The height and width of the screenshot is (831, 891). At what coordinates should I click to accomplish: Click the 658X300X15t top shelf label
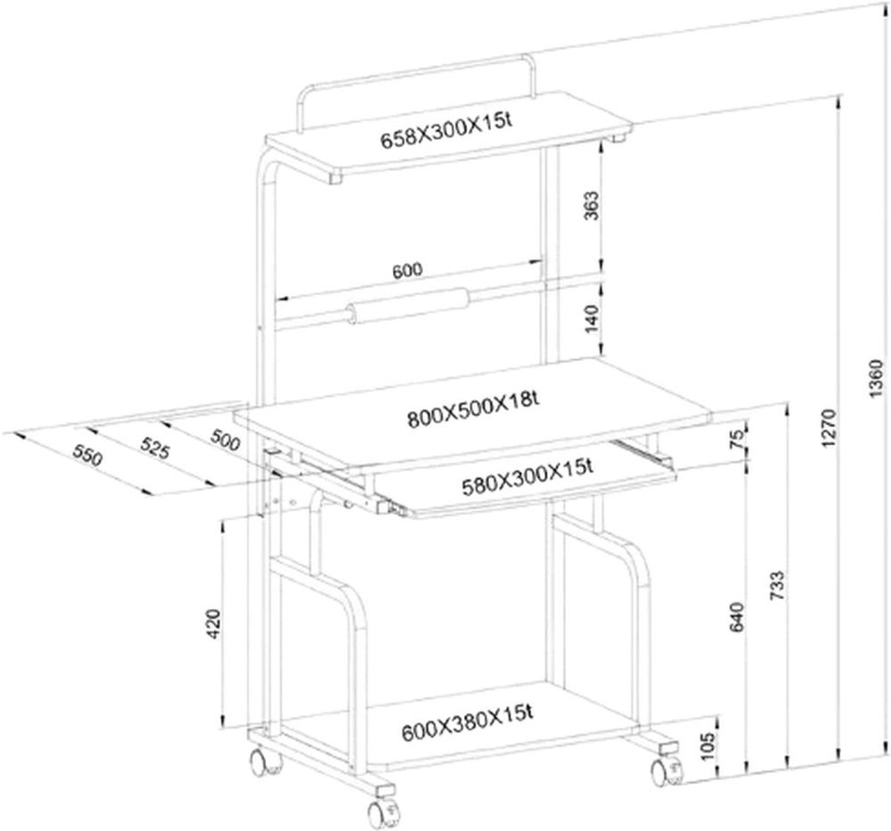[446, 131]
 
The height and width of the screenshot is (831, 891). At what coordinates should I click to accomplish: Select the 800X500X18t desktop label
[473, 409]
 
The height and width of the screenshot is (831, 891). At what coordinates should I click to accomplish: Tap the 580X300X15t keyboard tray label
[527, 478]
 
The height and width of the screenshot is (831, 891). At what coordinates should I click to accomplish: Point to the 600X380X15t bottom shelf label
[467, 723]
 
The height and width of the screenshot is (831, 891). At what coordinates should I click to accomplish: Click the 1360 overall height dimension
[878, 378]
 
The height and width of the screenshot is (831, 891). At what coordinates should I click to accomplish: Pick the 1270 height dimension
[829, 427]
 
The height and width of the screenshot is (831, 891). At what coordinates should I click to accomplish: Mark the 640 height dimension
[736, 617]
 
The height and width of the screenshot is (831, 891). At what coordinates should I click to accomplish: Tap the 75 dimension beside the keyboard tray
[736, 440]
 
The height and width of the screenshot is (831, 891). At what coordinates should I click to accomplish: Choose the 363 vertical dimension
[592, 206]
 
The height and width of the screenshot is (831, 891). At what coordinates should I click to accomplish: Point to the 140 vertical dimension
[592, 318]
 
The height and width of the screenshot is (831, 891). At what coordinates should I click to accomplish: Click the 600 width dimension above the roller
[407, 271]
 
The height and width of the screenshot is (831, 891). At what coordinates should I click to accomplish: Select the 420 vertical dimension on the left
[214, 624]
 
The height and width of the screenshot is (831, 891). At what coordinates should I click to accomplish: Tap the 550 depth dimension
[87, 455]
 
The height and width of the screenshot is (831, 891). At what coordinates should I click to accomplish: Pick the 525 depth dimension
[154, 449]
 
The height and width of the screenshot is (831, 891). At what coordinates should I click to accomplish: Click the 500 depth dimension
[225, 440]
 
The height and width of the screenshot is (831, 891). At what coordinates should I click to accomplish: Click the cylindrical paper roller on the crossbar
[408, 306]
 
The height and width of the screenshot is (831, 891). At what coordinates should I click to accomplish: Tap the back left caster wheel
[265, 762]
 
